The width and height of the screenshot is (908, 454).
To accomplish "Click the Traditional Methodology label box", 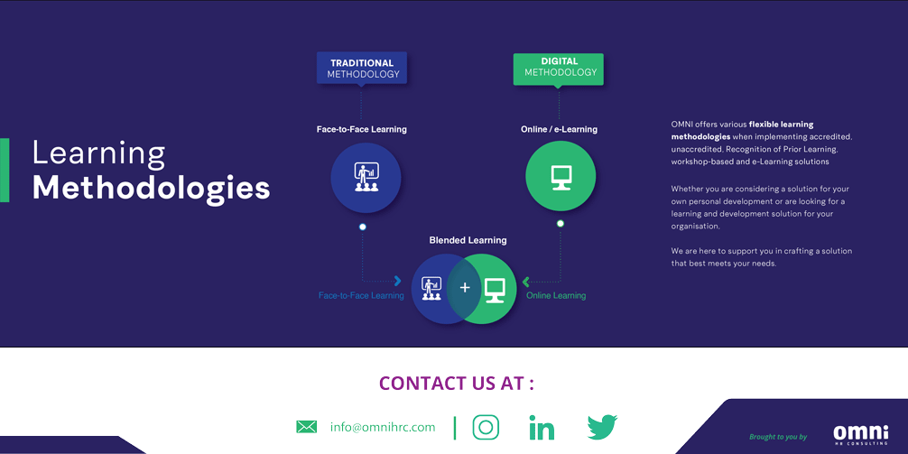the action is click(361, 69).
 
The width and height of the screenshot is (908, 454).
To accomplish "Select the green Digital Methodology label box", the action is click(558, 69).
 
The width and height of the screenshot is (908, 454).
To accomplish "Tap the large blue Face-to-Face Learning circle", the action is click(366, 178).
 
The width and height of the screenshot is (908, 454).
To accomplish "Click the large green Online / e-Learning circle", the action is click(561, 176).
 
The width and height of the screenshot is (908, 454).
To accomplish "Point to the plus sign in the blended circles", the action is click(465, 288).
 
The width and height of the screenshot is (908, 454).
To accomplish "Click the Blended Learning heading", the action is click(468, 240).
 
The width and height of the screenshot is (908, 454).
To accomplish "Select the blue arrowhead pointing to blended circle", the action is click(398, 281).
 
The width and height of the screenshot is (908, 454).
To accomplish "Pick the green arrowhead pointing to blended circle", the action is click(526, 282).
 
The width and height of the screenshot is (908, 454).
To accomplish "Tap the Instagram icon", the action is click(486, 427).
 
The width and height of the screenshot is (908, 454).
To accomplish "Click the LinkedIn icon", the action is click(542, 427).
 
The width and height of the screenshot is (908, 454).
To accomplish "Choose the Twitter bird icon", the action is click(602, 427).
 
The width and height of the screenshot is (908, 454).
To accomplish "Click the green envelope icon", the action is click(306, 427).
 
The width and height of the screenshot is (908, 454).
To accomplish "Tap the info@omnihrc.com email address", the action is click(383, 427).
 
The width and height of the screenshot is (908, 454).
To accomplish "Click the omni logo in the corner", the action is click(860, 434).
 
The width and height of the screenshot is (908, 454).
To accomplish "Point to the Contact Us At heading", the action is click(457, 383).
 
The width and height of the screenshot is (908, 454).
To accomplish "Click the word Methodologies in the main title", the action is click(151, 189).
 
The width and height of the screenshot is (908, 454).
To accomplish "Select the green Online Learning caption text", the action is click(556, 295).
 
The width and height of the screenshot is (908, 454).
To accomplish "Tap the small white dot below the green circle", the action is click(560, 224).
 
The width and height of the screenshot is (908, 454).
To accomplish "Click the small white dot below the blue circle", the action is click(363, 227).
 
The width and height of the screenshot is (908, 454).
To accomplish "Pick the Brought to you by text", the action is click(778, 437).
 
